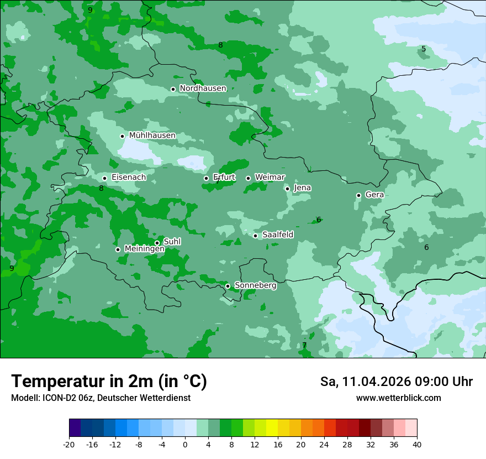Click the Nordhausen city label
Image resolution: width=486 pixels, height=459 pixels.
point(203,88)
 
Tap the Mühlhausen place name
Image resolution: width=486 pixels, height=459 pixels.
point(152,135)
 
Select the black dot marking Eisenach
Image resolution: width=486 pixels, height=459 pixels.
point(104,178)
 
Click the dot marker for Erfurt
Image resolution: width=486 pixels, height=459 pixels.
point(206,178)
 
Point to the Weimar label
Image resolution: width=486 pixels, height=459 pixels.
point(270,177)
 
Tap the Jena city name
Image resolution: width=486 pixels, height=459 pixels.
point(302,188)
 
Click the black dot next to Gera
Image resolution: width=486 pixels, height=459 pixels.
point(358,195)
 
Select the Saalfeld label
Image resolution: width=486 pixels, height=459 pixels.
point(277,235)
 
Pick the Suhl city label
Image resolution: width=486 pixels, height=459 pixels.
point(172,242)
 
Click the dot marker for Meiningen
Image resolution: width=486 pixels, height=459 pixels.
point(118,249)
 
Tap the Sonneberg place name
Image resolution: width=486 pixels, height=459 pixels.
point(255,285)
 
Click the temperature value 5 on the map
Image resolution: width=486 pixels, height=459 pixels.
point(424,49)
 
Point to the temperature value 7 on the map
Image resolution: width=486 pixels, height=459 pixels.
point(304,346)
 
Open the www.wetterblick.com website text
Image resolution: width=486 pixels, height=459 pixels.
point(398,398)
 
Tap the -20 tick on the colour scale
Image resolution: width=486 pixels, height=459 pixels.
point(69,444)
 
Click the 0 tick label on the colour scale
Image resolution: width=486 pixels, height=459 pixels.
point(185,444)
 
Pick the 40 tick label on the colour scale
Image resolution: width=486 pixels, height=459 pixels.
point(416,444)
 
